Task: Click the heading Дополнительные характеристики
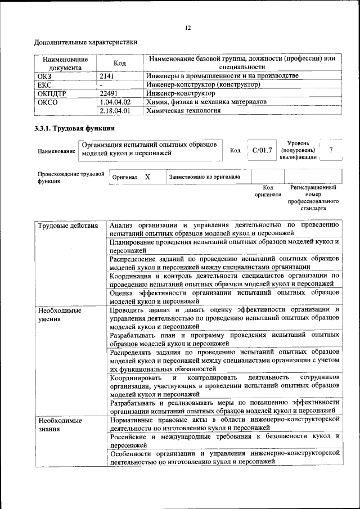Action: coord(85,42)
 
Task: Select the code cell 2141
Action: coord(107,75)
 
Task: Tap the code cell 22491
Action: coord(109,93)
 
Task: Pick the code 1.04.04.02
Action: coord(114,102)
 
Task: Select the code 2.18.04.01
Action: coord(114,111)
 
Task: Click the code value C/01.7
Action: coord(262,150)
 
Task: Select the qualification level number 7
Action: coord(331,150)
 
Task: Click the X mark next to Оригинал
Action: coord(147,177)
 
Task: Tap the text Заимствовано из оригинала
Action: coord(205,177)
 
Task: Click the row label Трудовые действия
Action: coord(64,226)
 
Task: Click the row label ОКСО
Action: coord(47,102)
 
